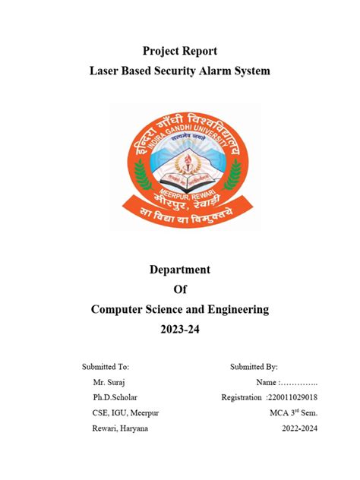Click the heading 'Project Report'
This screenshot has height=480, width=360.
click(x=180, y=51)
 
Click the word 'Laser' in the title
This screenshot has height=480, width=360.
click(x=106, y=71)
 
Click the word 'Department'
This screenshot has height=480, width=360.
click(x=180, y=269)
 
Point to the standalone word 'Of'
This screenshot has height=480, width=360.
click(x=180, y=289)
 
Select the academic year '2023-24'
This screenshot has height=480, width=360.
click(x=180, y=329)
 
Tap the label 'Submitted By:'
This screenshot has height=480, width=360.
click(x=254, y=367)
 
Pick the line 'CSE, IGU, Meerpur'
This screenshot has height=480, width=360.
click(x=124, y=412)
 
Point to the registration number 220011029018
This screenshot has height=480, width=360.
click(x=292, y=397)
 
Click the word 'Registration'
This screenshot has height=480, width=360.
click(x=241, y=397)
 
